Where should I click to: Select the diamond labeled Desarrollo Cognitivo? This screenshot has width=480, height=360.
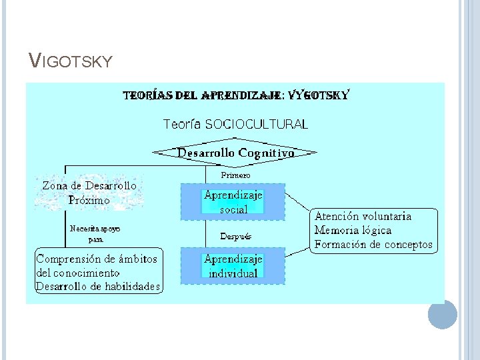tap(235, 153)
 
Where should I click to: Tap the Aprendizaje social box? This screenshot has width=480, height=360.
tap(233, 202)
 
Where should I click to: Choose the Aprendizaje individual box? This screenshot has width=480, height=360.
tap(233, 266)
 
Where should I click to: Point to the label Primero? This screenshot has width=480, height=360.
tap(235, 175)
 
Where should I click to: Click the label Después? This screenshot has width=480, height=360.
tap(236, 237)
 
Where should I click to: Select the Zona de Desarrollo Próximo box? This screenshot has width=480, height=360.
tap(89, 193)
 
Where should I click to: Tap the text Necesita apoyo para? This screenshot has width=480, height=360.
tap(95, 233)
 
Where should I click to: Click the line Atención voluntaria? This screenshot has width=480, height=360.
tap(363, 217)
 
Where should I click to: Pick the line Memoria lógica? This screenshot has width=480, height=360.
tap(353, 231)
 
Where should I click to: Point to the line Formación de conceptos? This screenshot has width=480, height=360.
tap(373, 245)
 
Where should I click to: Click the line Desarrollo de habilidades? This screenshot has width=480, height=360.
tap(98, 287)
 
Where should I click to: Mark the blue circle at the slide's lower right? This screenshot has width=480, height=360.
tap(443, 314)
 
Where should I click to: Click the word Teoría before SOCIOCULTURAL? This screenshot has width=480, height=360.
tap(183, 124)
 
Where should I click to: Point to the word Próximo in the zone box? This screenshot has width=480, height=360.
tap(89, 200)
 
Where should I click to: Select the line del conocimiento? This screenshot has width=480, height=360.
tap(78, 273)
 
